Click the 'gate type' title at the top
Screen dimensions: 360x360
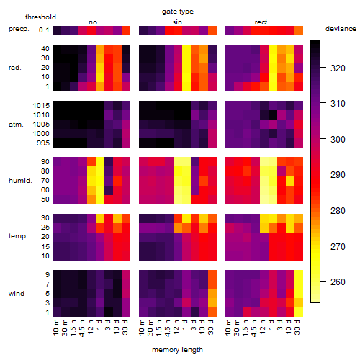[x=178, y=12]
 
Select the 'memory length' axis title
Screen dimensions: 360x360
[x=177, y=350]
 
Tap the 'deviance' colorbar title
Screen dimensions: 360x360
[x=341, y=29]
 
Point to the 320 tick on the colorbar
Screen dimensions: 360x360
[x=323, y=68]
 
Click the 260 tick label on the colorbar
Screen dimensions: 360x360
[x=338, y=282]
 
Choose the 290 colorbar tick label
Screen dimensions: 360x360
[x=338, y=175]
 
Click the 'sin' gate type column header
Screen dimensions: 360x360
[x=177, y=22]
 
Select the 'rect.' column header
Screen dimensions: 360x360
[x=262, y=22]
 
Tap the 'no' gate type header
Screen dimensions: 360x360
[x=93, y=22]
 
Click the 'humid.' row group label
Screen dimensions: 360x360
[x=20, y=181]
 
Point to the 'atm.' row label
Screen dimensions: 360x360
[x=16, y=125]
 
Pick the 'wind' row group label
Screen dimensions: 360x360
[x=17, y=294]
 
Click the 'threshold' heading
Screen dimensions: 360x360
[x=40, y=17]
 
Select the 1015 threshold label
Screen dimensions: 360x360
[x=41, y=106]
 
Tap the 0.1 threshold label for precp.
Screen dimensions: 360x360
[x=44, y=30]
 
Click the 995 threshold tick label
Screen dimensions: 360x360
[x=43, y=143]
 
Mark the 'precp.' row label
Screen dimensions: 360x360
[x=19, y=29]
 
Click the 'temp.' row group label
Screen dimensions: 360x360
[x=18, y=236]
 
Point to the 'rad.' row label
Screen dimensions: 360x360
[x=15, y=68]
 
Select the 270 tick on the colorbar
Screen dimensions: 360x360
[x=323, y=246]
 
